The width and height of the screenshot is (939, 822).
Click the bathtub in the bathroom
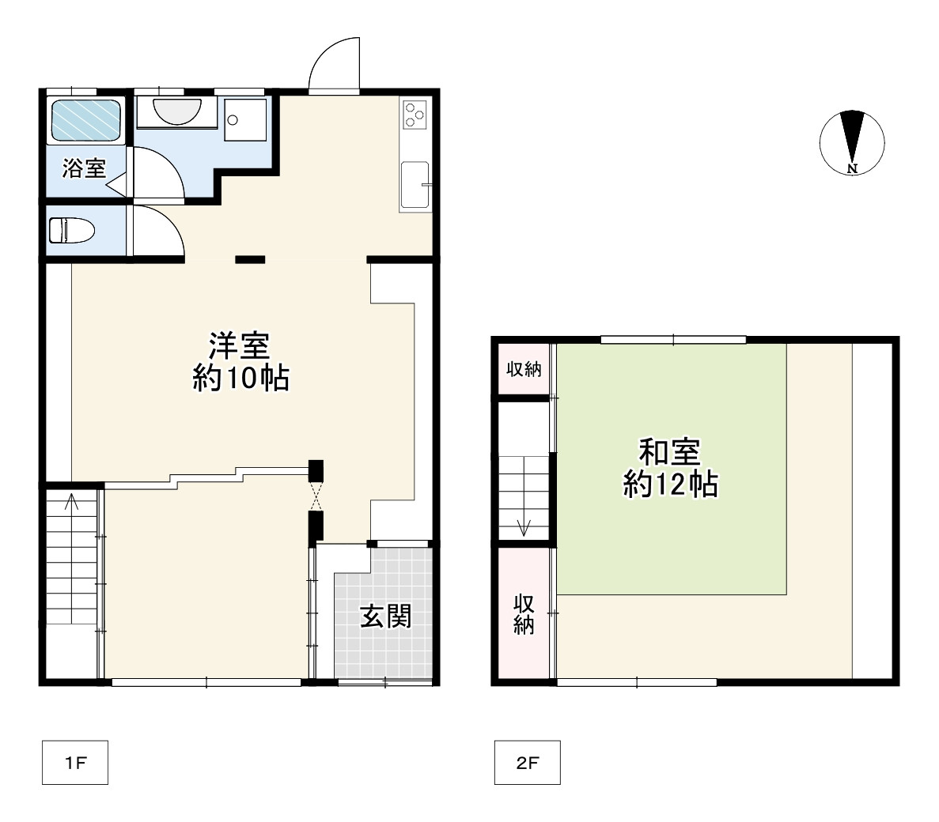click(x=86, y=120)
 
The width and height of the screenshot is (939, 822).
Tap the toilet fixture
click(x=71, y=231)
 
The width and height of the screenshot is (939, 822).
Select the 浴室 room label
click(x=84, y=168)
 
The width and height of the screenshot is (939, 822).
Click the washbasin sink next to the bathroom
click(x=175, y=111)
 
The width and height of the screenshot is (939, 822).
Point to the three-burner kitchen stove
click(x=415, y=115)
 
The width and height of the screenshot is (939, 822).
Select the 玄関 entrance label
click(x=385, y=616)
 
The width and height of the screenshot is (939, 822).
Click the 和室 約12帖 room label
click(x=669, y=467)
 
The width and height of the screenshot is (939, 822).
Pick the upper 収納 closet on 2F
click(x=523, y=368)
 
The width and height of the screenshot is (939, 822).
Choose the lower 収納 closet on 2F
click(x=524, y=613)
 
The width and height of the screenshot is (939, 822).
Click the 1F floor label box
click(x=74, y=763)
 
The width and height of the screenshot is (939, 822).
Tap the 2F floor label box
click(x=527, y=763)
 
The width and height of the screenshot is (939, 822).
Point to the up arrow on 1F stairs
click(x=72, y=503)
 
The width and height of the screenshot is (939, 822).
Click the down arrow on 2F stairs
click(x=523, y=524)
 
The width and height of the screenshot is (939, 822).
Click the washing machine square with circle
click(x=244, y=120)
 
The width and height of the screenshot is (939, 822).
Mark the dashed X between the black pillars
click(x=316, y=496)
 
